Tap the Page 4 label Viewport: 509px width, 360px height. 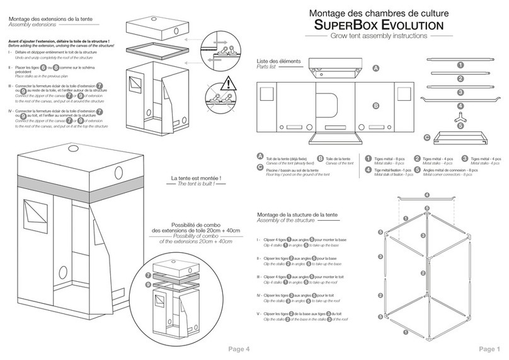(239, 349)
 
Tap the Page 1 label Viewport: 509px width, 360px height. (489, 349)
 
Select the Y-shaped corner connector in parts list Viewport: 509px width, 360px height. (460, 119)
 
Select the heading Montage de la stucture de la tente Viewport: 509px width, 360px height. (299, 216)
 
